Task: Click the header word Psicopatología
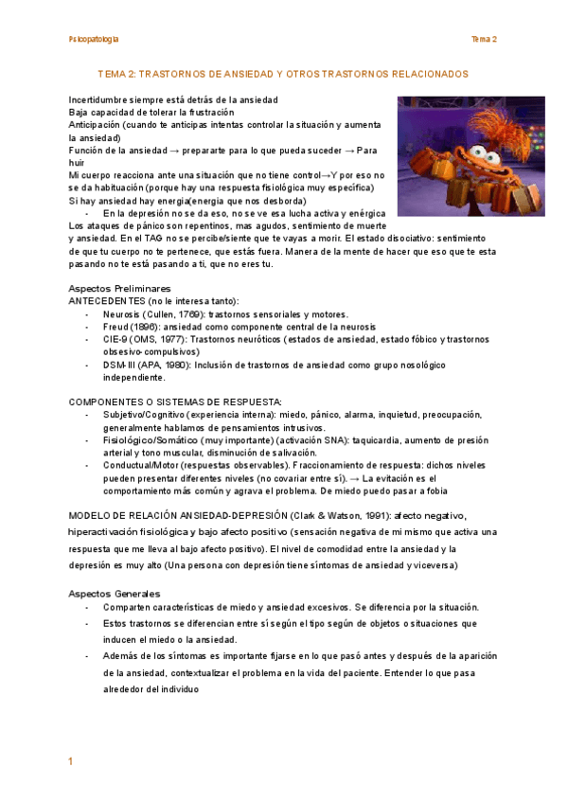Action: [94, 39]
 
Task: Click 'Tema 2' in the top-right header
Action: [485, 39]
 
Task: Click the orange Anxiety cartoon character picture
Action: [470, 155]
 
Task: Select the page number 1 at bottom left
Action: [70, 762]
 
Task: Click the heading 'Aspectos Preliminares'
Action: [120, 288]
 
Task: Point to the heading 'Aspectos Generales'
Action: [114, 593]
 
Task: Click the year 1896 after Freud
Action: [146, 327]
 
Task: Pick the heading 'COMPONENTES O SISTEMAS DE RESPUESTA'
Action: [175, 402]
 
